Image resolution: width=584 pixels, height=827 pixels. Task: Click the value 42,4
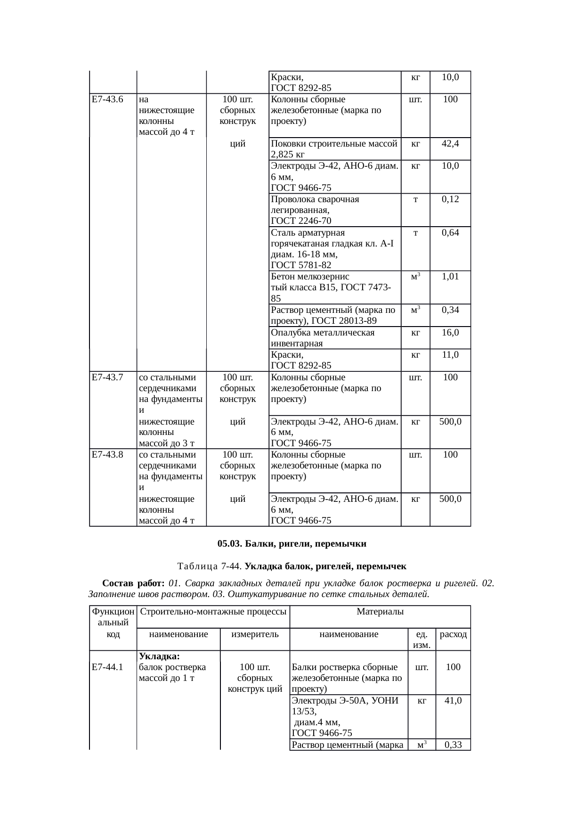pos(450,144)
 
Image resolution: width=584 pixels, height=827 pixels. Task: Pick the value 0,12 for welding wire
pos(450,199)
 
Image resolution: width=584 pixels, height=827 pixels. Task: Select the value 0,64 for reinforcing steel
pos(450,233)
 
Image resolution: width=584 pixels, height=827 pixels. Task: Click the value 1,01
pos(450,277)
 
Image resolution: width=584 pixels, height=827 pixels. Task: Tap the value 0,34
pos(450,310)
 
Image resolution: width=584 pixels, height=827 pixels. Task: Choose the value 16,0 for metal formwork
pos(450,333)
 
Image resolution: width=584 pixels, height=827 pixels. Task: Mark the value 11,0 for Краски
pos(450,355)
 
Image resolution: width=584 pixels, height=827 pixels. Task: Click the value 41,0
pos(453,701)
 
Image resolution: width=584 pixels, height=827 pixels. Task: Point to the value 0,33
pos(453,745)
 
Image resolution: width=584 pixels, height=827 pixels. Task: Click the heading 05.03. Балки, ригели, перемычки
pos(292,544)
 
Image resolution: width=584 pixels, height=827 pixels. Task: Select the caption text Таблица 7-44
pos(210,566)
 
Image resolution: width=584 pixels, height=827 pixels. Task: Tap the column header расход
pos(453,634)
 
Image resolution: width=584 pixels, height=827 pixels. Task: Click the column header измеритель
pos(255,634)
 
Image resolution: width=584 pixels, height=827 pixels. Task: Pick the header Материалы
pos(380,612)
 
